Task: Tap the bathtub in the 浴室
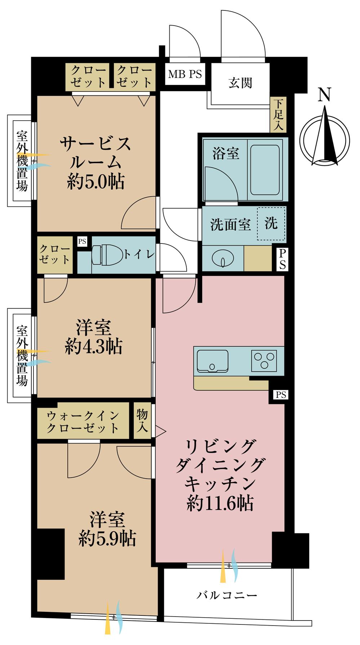[265, 170]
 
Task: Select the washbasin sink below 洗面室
[223, 258]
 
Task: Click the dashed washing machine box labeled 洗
[271, 224]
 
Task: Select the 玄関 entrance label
[240, 83]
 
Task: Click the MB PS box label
[185, 74]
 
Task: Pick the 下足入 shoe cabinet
[278, 115]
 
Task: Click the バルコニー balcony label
[227, 595]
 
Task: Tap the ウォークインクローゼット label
[83, 422]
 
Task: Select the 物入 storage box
[142, 421]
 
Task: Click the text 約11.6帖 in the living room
[220, 503]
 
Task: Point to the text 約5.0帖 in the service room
[96, 182]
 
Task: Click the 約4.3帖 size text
[94, 346]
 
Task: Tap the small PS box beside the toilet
[82, 241]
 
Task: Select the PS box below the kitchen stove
[281, 395]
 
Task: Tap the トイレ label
[139, 255]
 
